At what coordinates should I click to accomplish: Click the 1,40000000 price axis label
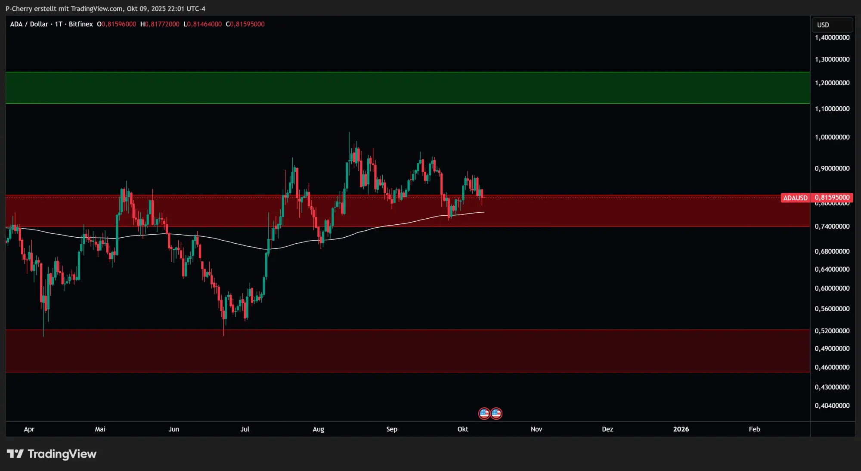click(832, 37)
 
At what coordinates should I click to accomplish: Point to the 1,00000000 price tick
click(832, 137)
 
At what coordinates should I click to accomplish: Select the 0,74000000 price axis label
click(832, 226)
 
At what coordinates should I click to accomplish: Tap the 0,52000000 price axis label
click(832, 331)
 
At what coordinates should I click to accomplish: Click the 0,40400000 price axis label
click(832, 406)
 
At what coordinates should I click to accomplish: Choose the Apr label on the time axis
click(29, 429)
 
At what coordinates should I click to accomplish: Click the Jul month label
click(245, 429)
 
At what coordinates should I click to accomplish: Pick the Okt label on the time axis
click(463, 429)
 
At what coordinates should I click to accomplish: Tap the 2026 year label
click(681, 429)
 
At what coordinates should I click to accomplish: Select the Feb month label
click(754, 429)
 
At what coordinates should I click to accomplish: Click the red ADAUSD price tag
click(795, 198)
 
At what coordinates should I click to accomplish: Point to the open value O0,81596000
click(117, 24)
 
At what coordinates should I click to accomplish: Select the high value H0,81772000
click(160, 24)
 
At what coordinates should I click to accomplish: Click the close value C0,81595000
click(245, 24)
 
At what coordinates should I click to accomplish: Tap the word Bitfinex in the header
click(81, 24)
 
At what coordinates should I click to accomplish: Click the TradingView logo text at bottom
click(62, 454)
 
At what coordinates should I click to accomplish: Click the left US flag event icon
click(484, 413)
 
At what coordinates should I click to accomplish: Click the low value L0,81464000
click(203, 24)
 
